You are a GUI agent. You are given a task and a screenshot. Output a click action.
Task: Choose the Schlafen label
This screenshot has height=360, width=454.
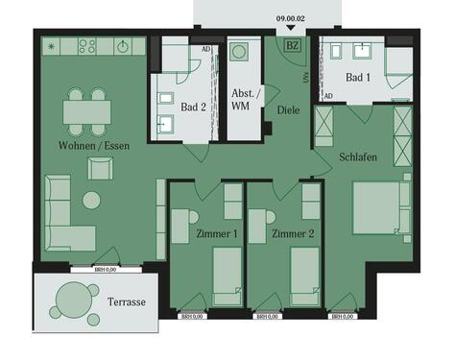pos(357,156)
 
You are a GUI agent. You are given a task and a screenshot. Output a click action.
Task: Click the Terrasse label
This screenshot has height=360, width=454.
pos(127,301)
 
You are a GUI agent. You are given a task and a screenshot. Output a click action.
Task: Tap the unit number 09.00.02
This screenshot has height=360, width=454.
pos(289,16)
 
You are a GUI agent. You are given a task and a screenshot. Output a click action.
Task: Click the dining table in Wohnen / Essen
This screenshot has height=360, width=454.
pos(87,112)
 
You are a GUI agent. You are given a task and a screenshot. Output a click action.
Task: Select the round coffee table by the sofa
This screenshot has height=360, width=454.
pos(92,201)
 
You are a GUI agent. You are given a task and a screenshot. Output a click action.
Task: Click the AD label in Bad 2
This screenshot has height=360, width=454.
pos(205,48)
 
